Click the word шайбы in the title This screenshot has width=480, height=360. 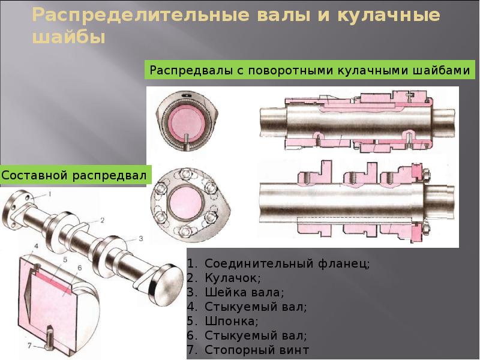(x=69, y=38)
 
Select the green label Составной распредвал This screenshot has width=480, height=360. (x=74, y=175)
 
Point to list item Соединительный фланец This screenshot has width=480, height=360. (x=278, y=263)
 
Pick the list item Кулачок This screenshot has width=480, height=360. (x=224, y=278)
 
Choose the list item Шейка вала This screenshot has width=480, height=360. (x=236, y=292)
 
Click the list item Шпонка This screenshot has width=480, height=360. (x=223, y=321)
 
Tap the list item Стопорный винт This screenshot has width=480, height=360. (x=248, y=350)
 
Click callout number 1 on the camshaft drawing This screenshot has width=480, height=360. (x=50, y=194)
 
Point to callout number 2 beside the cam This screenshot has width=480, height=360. (x=103, y=220)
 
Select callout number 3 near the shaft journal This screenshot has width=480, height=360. (x=140, y=238)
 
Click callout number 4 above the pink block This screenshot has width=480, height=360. (x=36, y=247)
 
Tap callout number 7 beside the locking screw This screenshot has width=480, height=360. (x=29, y=346)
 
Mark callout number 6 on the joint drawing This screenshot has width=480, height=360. (x=80, y=268)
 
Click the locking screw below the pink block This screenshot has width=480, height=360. (x=49, y=339)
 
